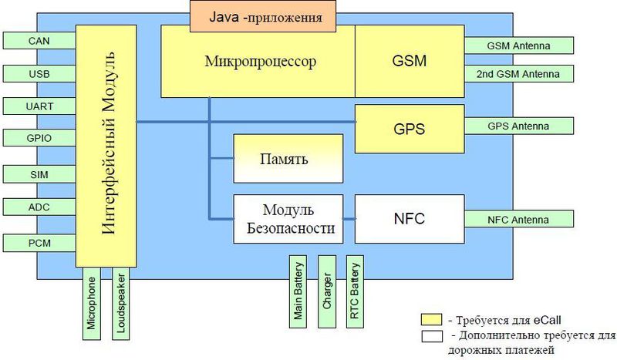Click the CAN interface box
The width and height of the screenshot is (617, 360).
click(39, 41)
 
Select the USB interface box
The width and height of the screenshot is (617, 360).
click(39, 73)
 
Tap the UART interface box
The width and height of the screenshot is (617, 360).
click(39, 106)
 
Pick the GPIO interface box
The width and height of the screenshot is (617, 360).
click(39, 138)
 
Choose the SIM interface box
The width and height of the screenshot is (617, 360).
click(39, 174)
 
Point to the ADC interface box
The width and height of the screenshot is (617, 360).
click(39, 207)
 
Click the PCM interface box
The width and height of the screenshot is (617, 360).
click(39, 243)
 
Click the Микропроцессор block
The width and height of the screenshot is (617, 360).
click(257, 61)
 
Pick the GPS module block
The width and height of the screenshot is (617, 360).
click(409, 127)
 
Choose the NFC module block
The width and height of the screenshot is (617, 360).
click(409, 219)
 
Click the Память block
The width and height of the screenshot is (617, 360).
click(288, 159)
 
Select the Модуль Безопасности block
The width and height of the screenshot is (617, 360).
click(288, 219)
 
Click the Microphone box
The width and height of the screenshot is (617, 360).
click(93, 304)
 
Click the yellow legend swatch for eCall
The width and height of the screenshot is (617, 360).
click(431, 318)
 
